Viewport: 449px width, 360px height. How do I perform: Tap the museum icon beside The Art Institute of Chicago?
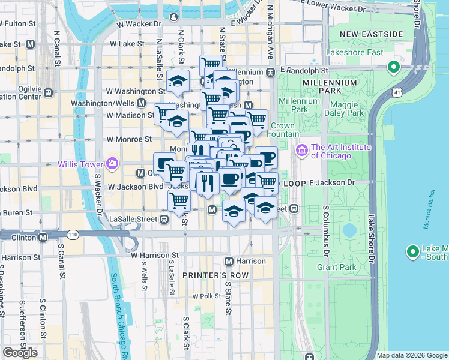click(x=301, y=149)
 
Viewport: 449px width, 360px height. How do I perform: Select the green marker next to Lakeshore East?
click(x=394, y=67)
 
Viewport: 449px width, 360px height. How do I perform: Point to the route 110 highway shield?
click(x=73, y=233)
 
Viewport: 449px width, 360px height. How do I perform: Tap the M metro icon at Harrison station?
click(x=229, y=261)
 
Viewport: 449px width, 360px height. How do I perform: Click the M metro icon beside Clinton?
click(x=43, y=237)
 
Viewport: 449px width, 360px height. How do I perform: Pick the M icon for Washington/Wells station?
click(x=140, y=103)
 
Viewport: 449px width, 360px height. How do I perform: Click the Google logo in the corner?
click(x=20, y=353)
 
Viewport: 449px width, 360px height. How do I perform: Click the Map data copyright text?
click(x=412, y=355)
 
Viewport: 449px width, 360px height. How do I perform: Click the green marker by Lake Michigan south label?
click(x=412, y=253)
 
